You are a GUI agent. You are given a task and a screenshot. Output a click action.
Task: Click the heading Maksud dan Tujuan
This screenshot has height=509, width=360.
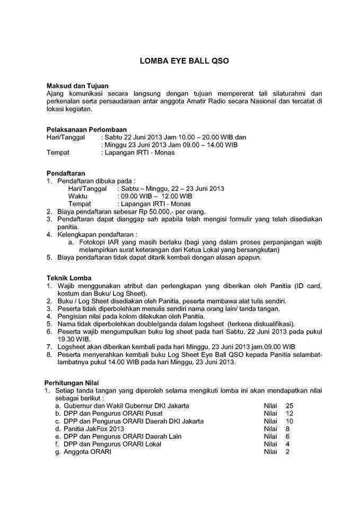(x=77, y=85)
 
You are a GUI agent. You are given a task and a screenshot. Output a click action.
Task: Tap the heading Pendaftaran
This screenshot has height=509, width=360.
(x=66, y=173)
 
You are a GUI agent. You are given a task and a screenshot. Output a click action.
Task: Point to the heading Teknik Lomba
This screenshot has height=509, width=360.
(x=69, y=278)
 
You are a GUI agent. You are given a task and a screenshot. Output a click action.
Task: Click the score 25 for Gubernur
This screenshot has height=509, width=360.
(x=289, y=406)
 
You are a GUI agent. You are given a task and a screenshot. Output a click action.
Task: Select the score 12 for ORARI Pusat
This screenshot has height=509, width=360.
(x=289, y=413)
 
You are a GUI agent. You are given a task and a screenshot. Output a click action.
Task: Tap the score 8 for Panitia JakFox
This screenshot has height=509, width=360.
(x=287, y=428)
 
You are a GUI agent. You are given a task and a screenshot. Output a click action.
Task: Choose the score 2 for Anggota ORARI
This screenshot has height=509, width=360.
(x=287, y=452)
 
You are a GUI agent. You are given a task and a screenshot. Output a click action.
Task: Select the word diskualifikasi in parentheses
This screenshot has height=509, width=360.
(x=271, y=323)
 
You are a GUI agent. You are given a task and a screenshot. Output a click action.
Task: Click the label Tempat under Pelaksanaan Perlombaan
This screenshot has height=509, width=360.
(x=58, y=153)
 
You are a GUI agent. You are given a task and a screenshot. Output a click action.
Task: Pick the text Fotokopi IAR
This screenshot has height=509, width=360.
(x=97, y=242)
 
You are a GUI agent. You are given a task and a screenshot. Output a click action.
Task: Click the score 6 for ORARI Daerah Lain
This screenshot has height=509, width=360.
(x=287, y=436)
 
